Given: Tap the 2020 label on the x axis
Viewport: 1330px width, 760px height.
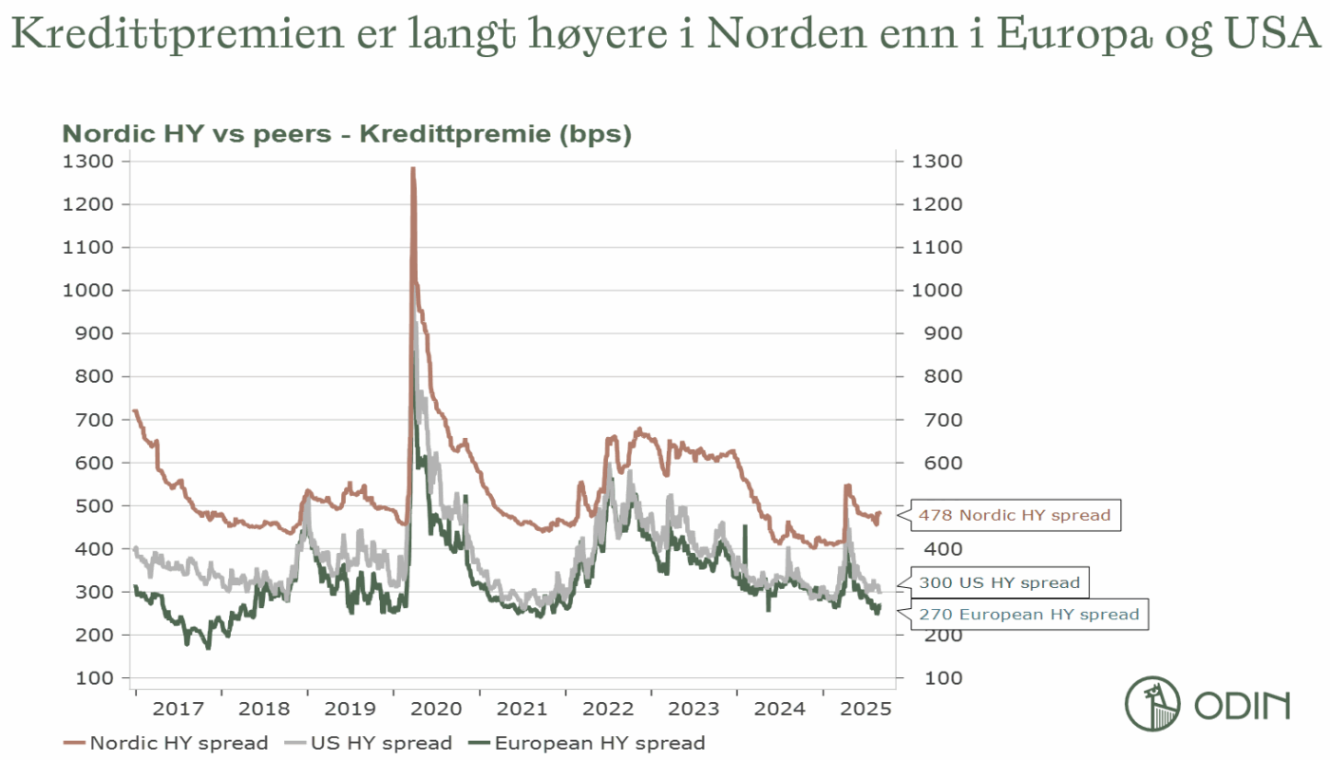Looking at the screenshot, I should (438, 709).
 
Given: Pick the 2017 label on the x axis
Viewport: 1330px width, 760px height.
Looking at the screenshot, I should (179, 709).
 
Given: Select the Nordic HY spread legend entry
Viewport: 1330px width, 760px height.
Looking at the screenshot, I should (166, 743).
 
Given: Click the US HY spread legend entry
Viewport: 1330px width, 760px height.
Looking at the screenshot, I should (370, 743).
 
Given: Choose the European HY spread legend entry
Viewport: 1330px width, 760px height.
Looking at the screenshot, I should (589, 743).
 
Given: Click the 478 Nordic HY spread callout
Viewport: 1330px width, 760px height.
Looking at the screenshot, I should (1014, 515).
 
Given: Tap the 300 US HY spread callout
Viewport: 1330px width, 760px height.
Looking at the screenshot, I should (998, 582).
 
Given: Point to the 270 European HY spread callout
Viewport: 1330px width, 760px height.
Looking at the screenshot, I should (1028, 615).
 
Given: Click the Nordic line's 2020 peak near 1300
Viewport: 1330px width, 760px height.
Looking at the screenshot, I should (412, 171).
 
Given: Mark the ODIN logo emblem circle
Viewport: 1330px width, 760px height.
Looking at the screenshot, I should (1152, 705).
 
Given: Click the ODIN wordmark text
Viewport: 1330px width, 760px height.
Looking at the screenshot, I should (1242, 706).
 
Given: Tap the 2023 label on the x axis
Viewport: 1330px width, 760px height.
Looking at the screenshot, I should (694, 709).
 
